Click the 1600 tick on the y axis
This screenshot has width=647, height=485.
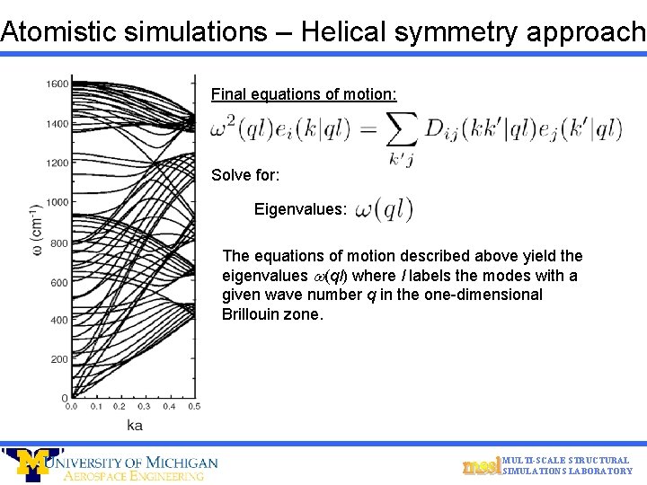(57, 84)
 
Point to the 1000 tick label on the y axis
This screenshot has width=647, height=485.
(57, 202)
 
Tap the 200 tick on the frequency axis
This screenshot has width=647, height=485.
(59, 359)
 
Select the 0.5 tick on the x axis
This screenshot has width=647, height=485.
(192, 407)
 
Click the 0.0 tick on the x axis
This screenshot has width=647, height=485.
(71, 407)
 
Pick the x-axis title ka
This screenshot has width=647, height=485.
(134, 424)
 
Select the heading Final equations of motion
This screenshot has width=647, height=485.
(304, 94)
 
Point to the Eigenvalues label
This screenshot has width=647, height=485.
(300, 209)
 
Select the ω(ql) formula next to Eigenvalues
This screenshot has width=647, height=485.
(385, 209)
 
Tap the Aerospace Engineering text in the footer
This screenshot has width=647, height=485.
(134, 476)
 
